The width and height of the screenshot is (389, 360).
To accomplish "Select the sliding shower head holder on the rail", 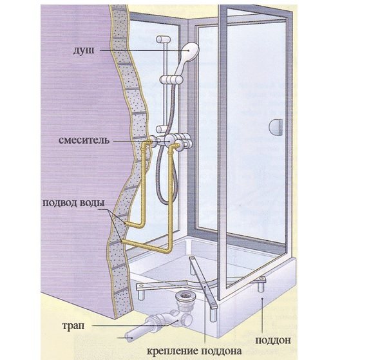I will point(170,79).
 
